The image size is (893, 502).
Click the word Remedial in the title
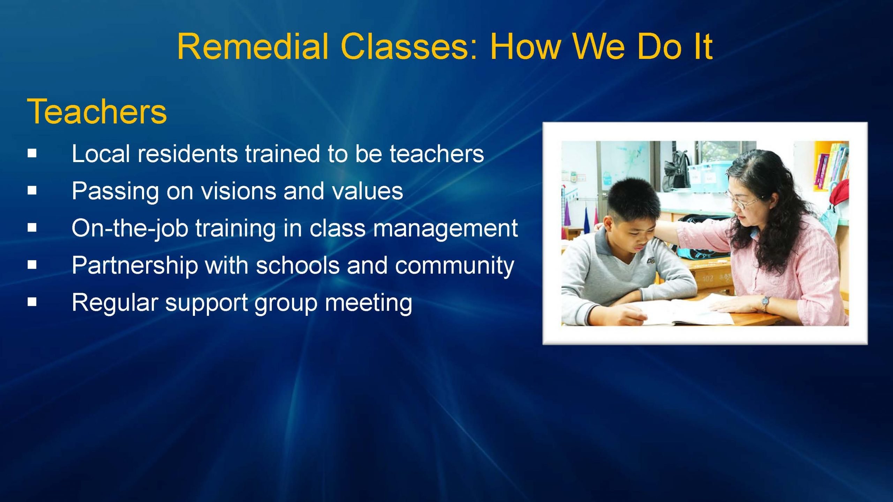[253, 47]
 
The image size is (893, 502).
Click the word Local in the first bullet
[101, 154]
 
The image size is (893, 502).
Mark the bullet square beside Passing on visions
[32, 190]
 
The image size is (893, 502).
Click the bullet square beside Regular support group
[32, 301]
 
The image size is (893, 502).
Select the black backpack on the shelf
[677, 171]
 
